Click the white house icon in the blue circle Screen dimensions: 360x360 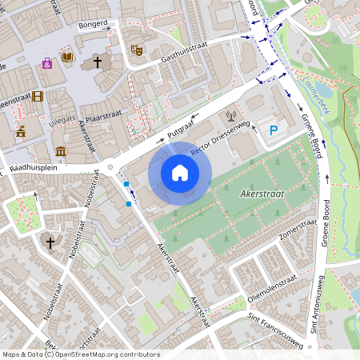pos(180,173)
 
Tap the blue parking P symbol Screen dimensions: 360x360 pos(274,130)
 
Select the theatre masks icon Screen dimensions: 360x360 pos(136,50)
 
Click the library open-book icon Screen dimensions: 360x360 pos(68,58)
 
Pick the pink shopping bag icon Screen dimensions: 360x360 pos(47,62)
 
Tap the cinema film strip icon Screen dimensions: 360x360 pos(38,96)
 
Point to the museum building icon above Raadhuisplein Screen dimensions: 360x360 pos(61,150)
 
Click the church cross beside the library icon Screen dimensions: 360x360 pos(98,61)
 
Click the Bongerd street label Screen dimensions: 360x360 pos(92,25)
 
